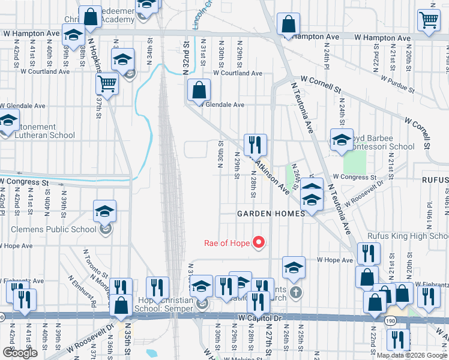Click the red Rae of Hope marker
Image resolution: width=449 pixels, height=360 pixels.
[259, 242]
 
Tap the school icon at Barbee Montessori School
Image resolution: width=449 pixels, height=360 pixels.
[342, 140]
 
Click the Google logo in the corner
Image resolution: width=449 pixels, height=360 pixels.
[20, 353]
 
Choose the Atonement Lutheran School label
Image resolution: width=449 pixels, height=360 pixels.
[41, 131]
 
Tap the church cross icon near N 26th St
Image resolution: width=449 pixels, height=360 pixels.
[294, 292]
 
